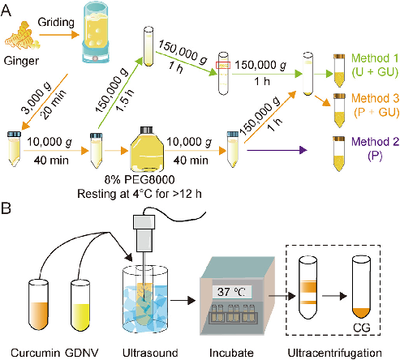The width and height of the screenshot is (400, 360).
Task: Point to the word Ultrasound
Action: [x=150, y=352]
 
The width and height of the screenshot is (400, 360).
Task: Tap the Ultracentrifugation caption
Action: [x=334, y=352]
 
